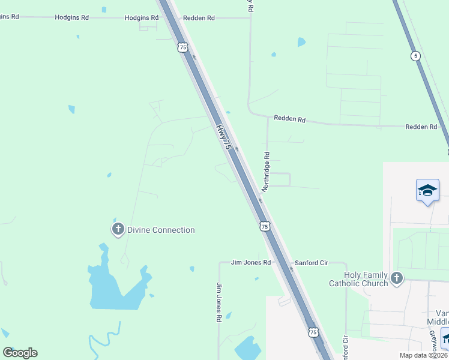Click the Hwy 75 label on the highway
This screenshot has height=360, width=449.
224,137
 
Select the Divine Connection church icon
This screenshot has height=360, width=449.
118,229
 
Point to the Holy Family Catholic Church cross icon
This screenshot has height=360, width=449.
396,278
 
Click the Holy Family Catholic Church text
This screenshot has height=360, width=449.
359,279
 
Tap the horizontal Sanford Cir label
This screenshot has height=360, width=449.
310,263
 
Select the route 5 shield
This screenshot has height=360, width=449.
415,56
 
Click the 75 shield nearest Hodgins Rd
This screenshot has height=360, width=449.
182,47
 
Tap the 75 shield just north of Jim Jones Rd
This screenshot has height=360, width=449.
265,226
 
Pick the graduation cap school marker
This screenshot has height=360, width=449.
427,191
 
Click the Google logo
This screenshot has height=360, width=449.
20,352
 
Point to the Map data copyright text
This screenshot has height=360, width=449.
423,355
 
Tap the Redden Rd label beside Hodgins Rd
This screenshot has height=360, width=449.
199,18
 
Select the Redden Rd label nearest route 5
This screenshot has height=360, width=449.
421,127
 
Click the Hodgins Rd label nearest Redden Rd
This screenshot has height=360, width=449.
141,18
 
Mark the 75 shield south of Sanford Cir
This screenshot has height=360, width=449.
313,332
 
